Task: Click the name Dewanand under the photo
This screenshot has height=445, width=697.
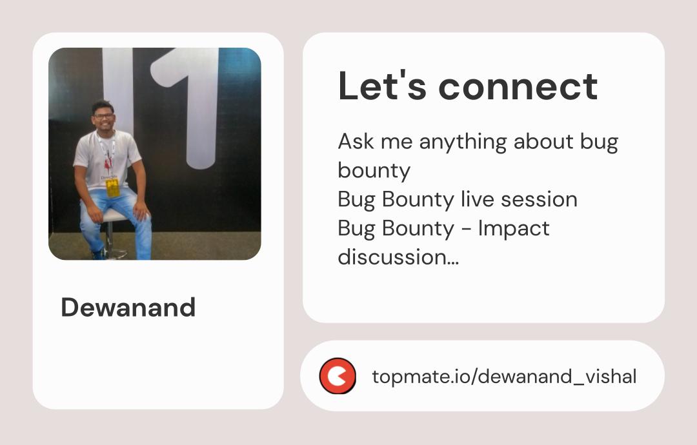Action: point(128,308)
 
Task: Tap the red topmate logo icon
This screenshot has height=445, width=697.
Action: point(338,376)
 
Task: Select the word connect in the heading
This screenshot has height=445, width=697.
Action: point(518,86)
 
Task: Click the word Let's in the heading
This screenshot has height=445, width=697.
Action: point(381,86)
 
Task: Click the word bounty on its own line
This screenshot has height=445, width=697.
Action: point(374,171)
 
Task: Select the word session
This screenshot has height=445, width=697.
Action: point(538,199)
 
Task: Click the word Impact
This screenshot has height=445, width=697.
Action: point(514,228)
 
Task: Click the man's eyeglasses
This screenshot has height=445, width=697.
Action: point(103,116)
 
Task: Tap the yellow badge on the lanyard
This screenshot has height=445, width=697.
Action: point(113,188)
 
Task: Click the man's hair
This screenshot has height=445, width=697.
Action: point(103,105)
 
